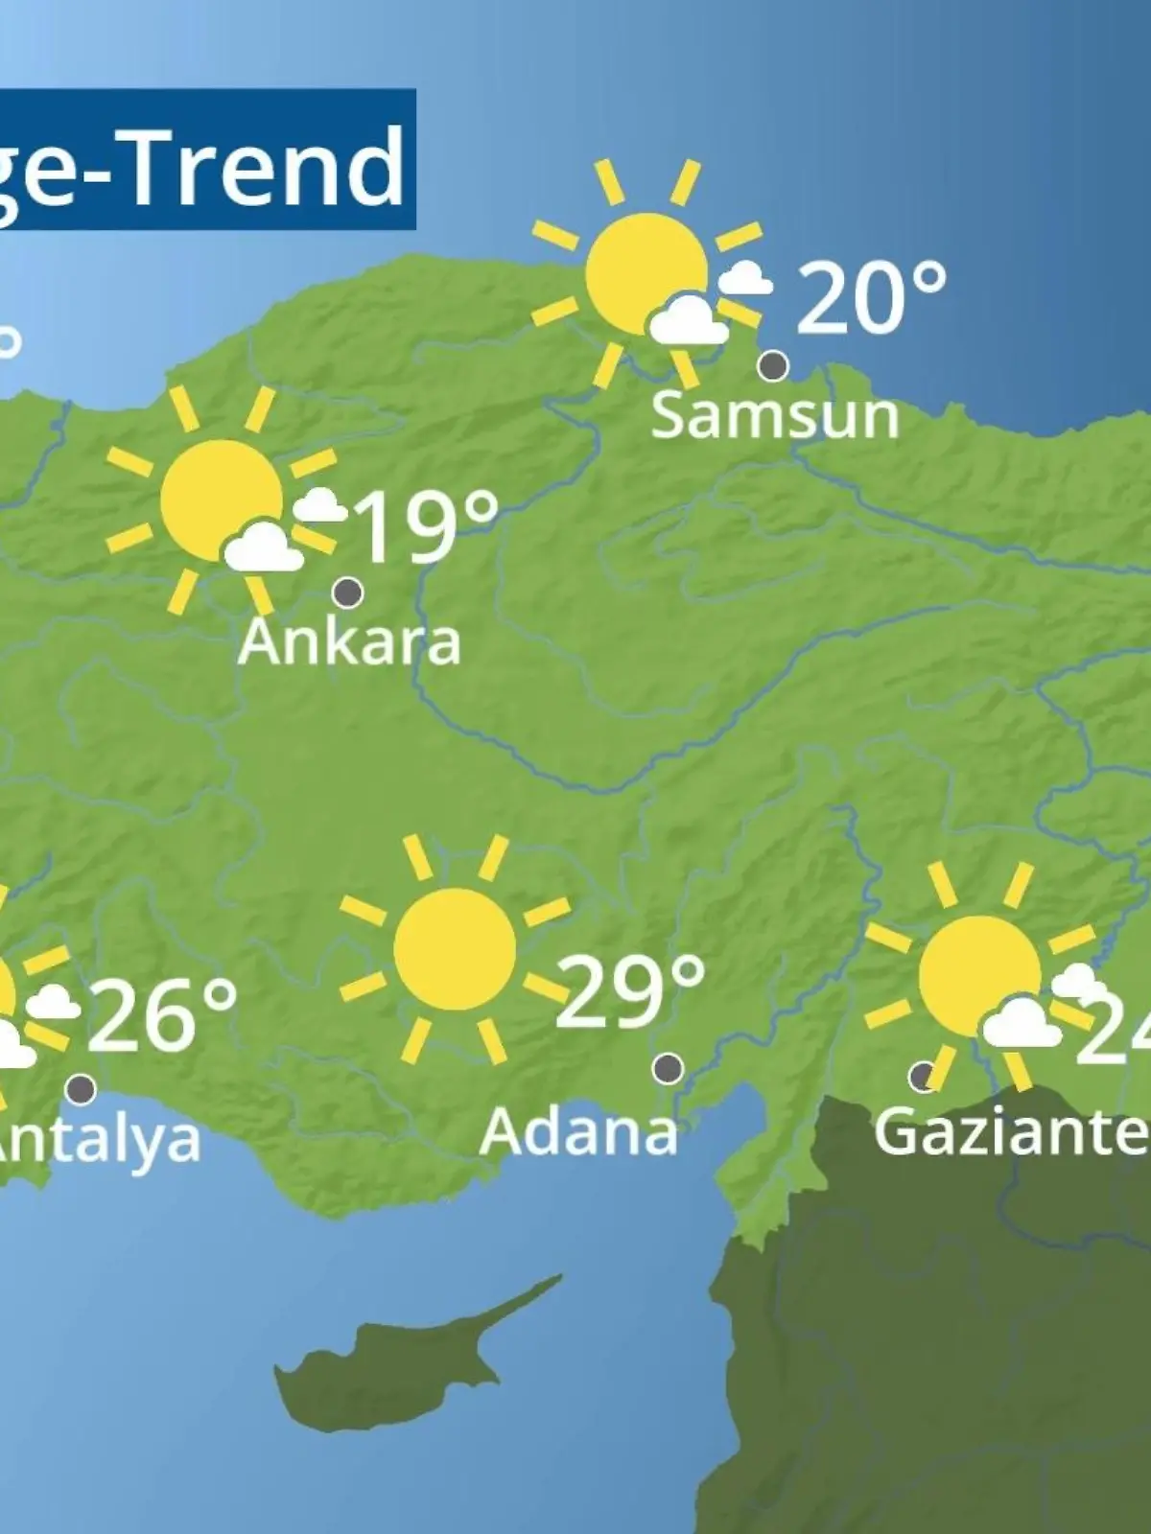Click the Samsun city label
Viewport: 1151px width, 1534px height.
click(x=774, y=416)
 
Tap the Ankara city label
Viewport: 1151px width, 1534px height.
click(x=349, y=642)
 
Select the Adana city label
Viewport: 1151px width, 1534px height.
click(x=578, y=1132)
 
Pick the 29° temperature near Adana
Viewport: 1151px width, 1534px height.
click(x=629, y=990)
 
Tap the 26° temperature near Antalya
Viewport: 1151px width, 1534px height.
click(x=161, y=1015)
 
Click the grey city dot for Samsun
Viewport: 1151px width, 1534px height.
click(x=773, y=365)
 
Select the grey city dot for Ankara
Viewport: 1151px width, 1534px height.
click(x=347, y=593)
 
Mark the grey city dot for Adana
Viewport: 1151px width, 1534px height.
click(x=668, y=1067)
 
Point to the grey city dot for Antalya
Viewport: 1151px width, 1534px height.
click(x=82, y=1089)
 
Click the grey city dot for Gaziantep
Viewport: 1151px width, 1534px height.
click(x=923, y=1076)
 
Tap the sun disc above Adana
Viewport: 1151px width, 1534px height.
click(x=455, y=948)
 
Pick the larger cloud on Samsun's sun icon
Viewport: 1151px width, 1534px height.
click(x=688, y=321)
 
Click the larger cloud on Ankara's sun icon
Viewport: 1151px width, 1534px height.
click(x=263, y=547)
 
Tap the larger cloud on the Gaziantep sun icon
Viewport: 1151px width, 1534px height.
click(x=1022, y=1022)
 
